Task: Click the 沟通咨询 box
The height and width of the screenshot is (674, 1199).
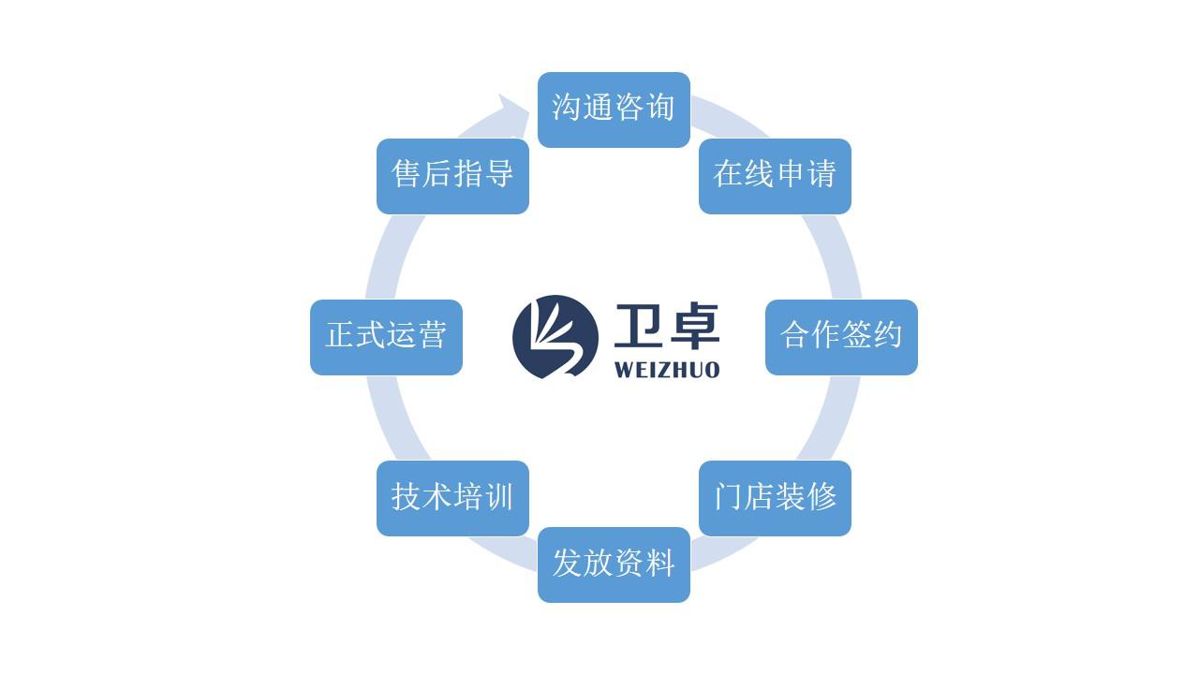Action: click(x=614, y=110)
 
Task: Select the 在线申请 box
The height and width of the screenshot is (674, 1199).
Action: click(x=775, y=177)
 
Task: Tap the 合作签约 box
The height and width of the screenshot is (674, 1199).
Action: click(x=841, y=337)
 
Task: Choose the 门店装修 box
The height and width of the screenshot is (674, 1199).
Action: click(x=775, y=498)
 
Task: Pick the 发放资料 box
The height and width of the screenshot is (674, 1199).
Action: click(x=614, y=564)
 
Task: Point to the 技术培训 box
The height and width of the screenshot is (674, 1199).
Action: click(x=452, y=498)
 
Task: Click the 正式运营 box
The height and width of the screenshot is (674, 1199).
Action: click(x=386, y=337)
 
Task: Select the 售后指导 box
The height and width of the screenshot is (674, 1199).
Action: click(x=452, y=177)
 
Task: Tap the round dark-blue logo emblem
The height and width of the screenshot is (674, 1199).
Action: click(x=555, y=337)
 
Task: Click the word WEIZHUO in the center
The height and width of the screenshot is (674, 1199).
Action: click(x=667, y=370)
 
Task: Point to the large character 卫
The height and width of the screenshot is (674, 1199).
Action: click(x=637, y=325)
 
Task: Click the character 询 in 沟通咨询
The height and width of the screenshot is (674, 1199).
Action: click(x=660, y=107)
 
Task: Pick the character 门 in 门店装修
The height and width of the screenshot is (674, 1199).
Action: click(x=729, y=496)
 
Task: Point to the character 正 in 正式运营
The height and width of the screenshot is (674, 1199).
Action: click(x=340, y=335)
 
